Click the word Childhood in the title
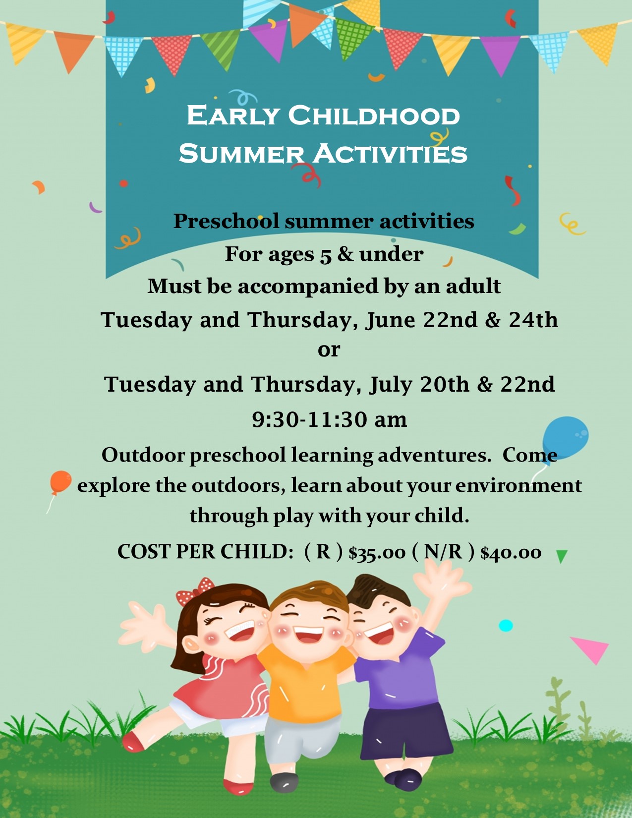point(374,115)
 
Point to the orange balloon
point(60,482)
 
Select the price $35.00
point(377,553)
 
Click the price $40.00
point(511,553)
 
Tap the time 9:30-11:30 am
point(329,419)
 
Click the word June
point(390,320)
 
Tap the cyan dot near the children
point(506,626)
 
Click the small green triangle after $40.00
point(562,556)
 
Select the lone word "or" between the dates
point(329,350)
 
